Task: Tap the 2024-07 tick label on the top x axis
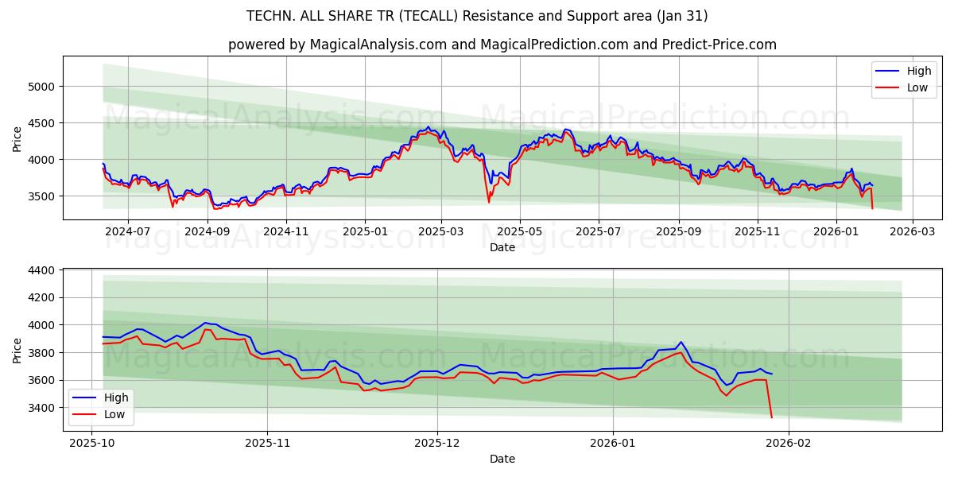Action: point(127,231)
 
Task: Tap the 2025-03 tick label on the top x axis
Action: point(440,231)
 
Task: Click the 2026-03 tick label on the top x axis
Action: point(912,231)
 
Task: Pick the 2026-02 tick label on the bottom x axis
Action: point(788,441)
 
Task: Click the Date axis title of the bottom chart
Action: point(502,459)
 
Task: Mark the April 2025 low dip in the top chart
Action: point(489,202)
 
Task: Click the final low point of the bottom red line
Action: point(771,417)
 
